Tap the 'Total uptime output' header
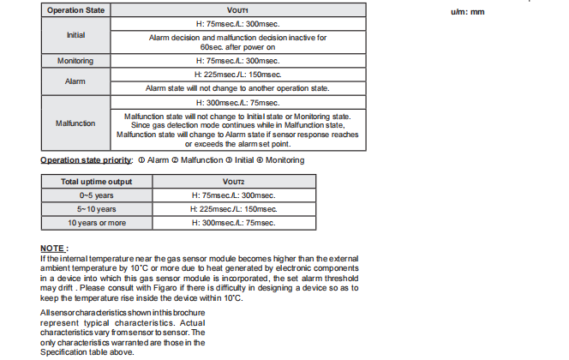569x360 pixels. [96, 181]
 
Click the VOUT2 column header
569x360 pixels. [234, 181]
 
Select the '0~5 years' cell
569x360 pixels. [96, 195]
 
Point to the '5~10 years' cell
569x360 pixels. [96, 208]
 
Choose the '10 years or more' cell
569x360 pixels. [96, 222]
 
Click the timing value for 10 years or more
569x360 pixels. [234, 222]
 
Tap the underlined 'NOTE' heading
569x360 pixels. [54, 249]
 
